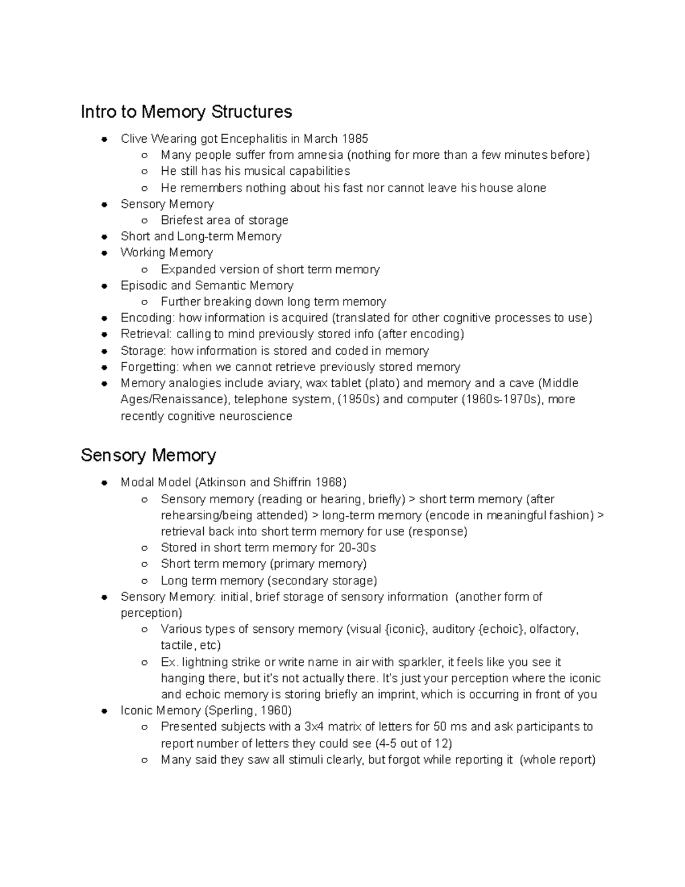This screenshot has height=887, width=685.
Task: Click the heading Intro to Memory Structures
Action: click(186, 111)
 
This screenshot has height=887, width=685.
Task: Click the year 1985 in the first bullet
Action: click(354, 139)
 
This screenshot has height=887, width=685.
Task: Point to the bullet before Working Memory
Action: click(104, 253)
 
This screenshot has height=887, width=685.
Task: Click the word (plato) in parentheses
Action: click(382, 383)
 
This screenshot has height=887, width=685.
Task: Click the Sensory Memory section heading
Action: click(148, 455)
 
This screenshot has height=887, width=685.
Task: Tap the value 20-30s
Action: click(356, 548)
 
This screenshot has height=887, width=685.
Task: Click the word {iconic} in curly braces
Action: click(405, 629)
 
